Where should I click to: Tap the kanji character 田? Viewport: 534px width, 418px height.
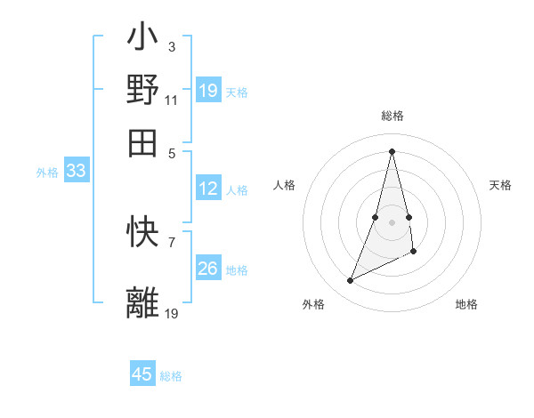pos(142,142)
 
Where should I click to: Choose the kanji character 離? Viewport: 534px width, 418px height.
pos(142,301)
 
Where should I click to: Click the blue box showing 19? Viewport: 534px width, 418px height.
pos(208,90)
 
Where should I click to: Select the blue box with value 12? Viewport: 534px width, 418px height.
pos(208,189)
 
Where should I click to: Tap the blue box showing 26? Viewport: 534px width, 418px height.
pos(208,268)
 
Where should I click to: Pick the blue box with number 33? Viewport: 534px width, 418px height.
pos(76,171)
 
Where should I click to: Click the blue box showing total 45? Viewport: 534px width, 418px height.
pos(142,374)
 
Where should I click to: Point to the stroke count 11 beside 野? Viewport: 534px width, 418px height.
pos(172,100)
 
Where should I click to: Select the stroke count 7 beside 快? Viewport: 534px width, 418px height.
pos(172,240)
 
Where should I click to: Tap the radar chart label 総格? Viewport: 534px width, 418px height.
pos(392,116)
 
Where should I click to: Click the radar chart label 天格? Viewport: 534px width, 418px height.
pos(500,185)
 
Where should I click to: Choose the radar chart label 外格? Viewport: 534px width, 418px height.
pos(313,304)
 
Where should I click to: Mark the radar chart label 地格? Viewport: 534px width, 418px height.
pos(466,304)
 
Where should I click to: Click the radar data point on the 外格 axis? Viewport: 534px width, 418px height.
pos(350,281)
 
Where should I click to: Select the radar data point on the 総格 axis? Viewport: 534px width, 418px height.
pos(392,150)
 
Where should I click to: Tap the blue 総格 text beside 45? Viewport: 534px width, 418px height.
pos(171,376)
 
